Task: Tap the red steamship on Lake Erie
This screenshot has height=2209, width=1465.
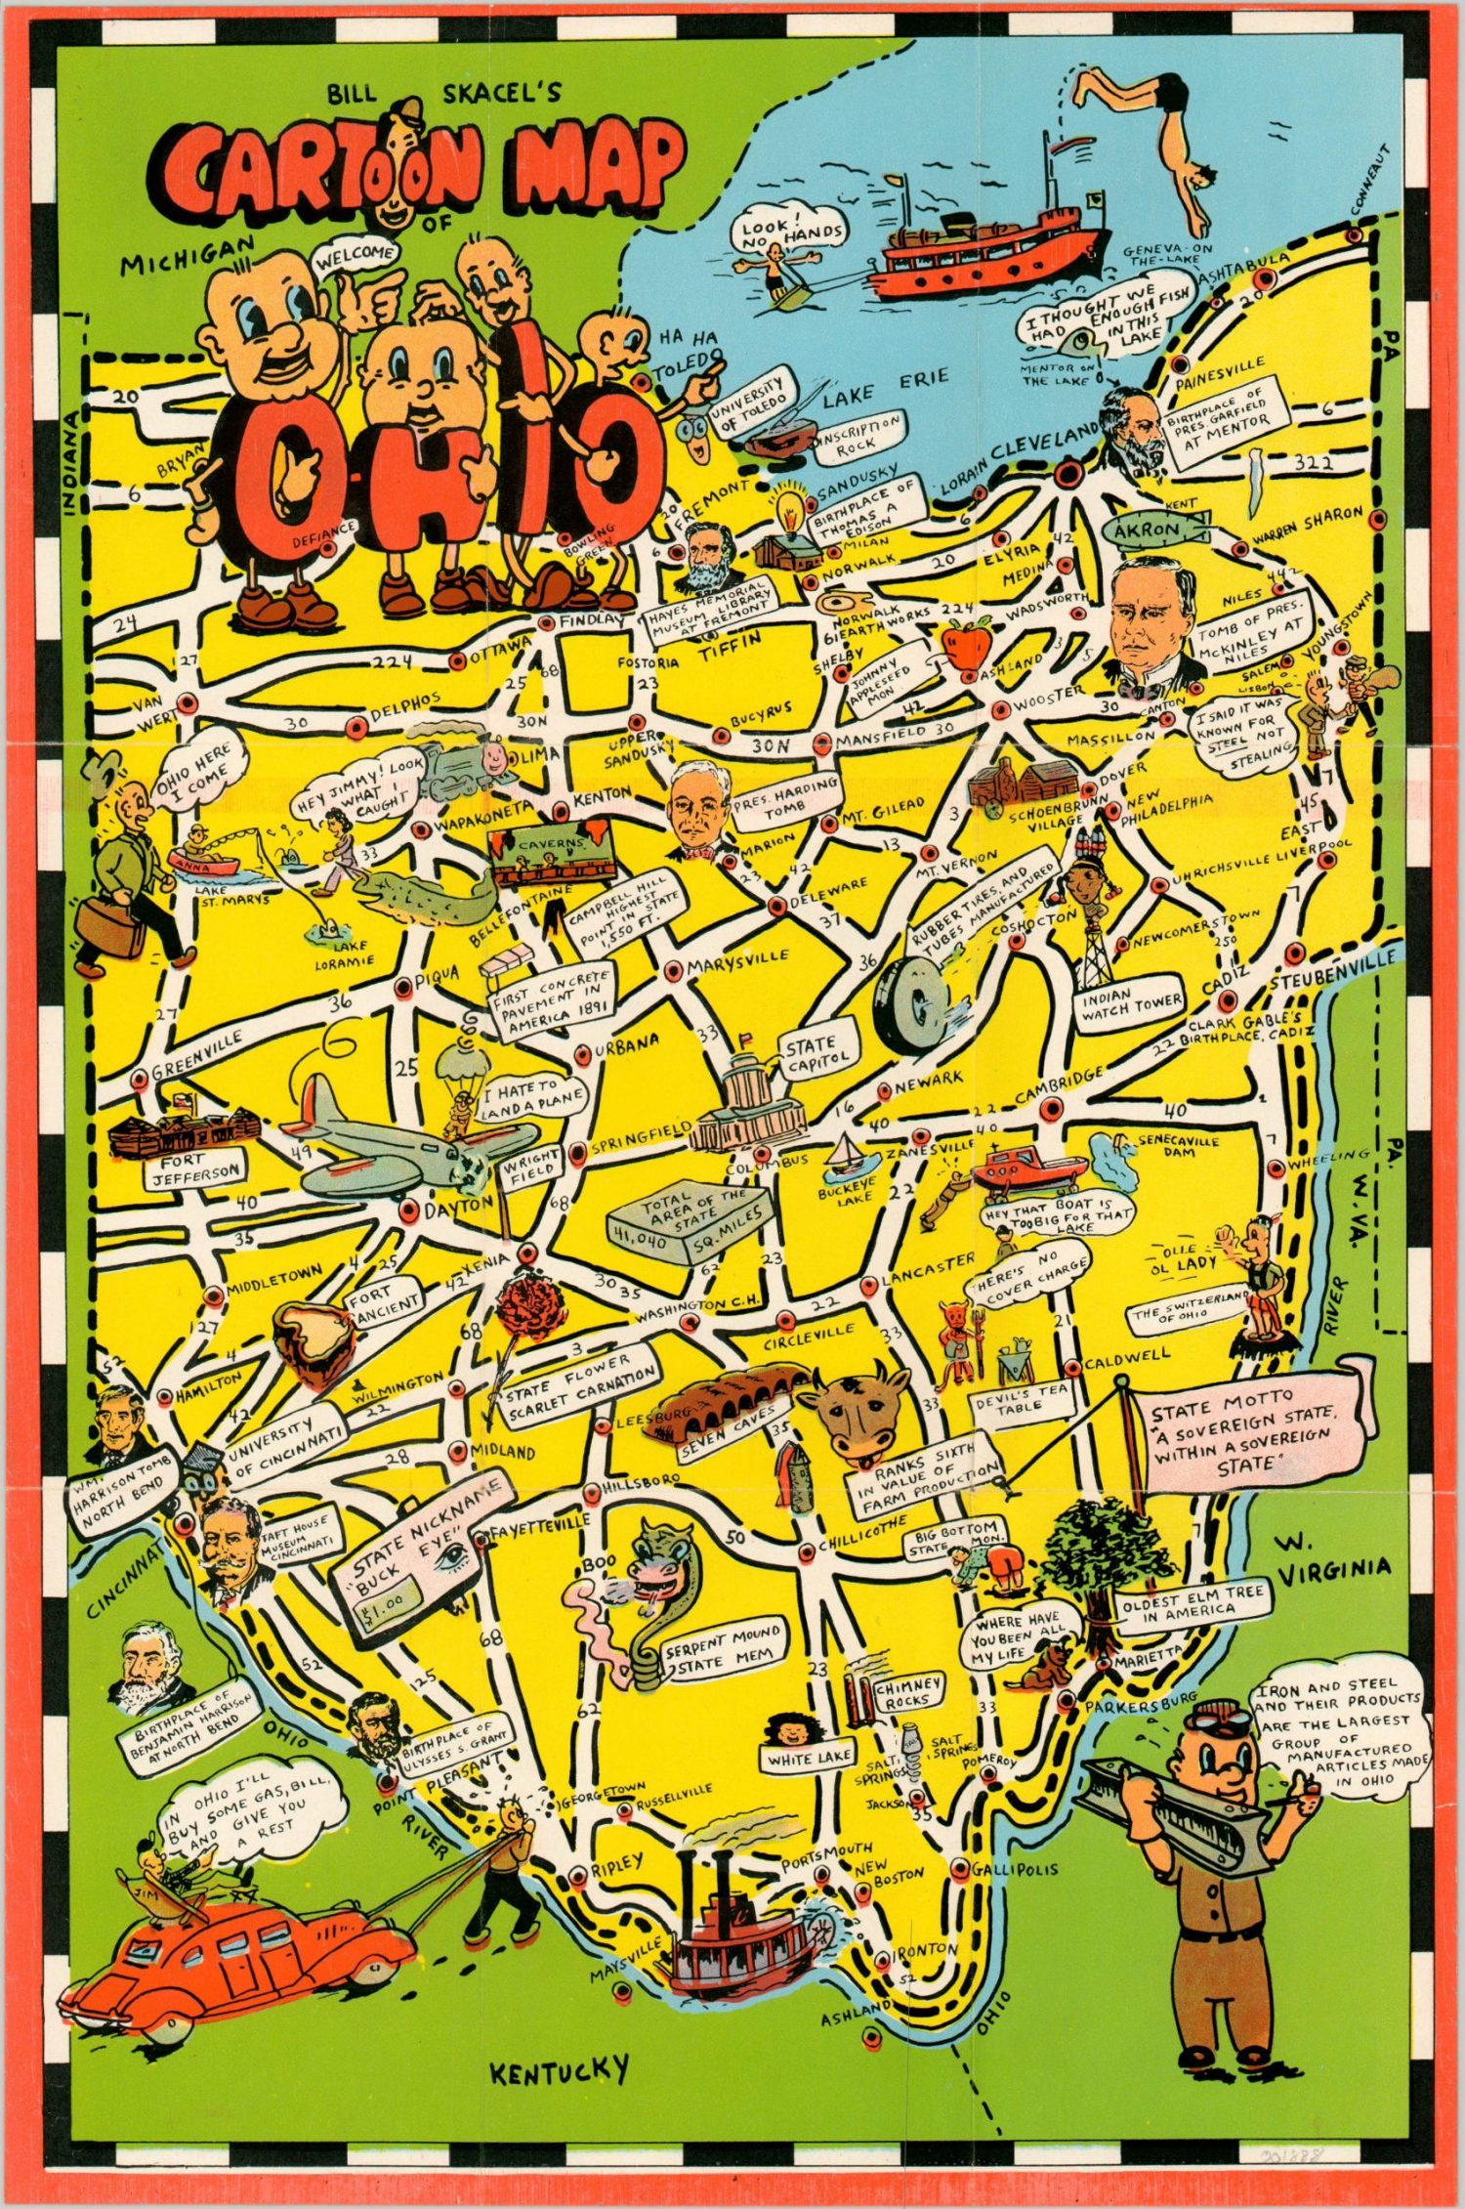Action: tap(986, 249)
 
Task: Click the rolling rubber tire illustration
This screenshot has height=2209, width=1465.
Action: tap(911, 1002)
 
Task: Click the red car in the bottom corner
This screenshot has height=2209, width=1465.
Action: tap(225, 1954)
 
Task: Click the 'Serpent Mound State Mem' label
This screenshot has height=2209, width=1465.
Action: tap(723, 1651)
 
